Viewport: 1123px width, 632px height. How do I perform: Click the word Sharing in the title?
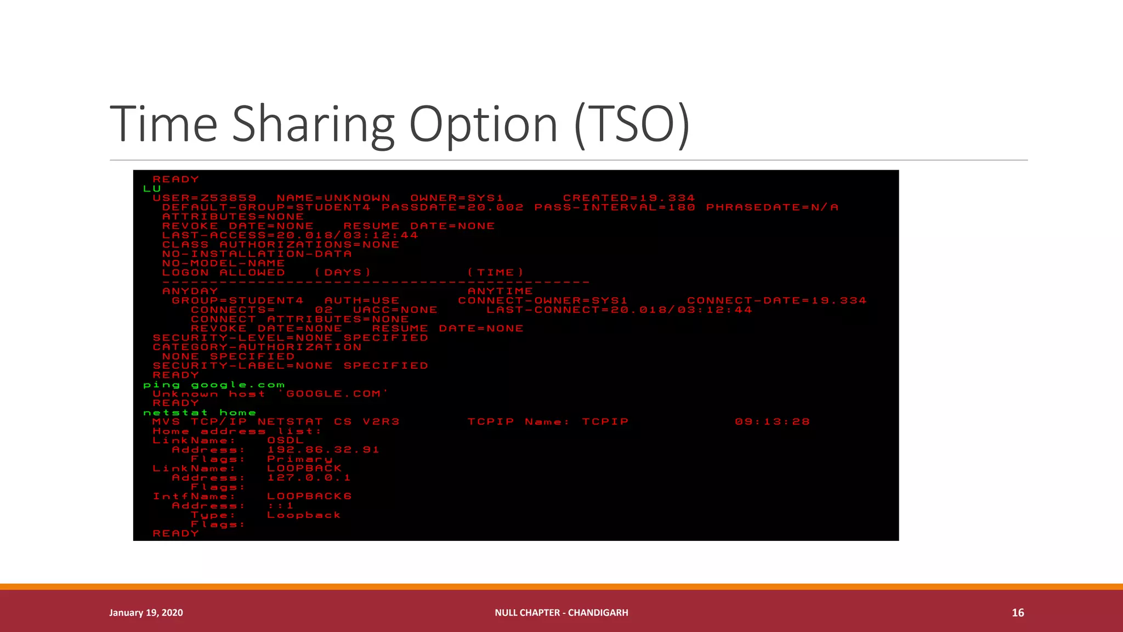coord(313,125)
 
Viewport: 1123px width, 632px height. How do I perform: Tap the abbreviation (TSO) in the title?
coord(632,125)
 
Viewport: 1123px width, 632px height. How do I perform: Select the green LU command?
coord(152,189)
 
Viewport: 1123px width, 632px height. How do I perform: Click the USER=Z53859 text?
coord(205,198)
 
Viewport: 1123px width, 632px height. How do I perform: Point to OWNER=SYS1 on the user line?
coord(457,198)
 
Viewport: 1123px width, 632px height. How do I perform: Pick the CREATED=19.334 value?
coord(628,198)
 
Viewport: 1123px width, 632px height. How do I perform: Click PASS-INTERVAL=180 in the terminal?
coord(615,207)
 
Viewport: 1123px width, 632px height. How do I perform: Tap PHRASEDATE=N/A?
coord(772,207)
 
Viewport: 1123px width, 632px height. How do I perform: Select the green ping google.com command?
coord(214,385)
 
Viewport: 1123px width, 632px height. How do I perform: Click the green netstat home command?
coord(200,413)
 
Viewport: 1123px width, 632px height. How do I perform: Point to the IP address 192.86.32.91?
coord(323,450)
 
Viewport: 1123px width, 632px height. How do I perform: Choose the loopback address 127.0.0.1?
coord(309,478)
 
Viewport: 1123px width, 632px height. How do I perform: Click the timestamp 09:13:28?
coord(772,422)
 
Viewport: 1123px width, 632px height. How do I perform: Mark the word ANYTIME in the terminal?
coord(500,291)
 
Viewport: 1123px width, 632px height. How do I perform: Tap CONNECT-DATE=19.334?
coord(776,301)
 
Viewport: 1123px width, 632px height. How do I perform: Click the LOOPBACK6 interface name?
coord(309,496)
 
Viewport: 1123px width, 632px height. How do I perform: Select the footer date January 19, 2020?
coord(146,613)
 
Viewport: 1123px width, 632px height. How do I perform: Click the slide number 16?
coord(1018,613)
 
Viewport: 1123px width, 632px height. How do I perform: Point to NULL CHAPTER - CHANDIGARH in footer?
coord(561,613)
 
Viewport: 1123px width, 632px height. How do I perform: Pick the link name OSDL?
coord(285,441)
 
